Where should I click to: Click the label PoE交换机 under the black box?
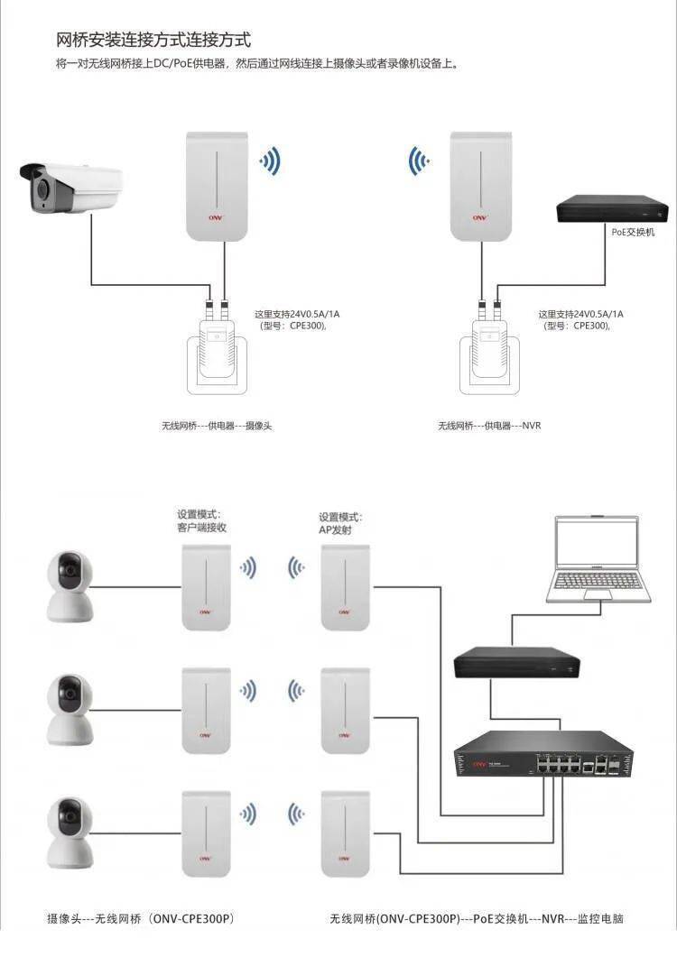631,232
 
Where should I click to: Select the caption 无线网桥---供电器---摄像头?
217,425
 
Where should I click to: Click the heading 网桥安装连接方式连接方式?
153,40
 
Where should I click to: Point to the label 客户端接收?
201,528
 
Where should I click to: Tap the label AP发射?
335,530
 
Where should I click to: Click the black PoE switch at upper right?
611,210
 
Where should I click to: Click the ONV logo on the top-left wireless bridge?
216,217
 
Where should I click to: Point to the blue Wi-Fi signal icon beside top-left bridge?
269,162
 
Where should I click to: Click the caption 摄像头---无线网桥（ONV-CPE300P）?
141,919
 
